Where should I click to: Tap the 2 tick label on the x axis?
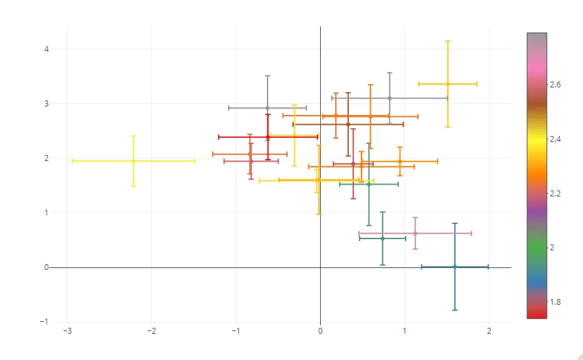(488, 331)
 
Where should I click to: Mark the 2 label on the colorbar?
(553, 248)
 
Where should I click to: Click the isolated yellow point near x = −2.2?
(133, 161)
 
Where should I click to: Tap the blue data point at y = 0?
(455, 267)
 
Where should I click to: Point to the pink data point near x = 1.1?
(415, 233)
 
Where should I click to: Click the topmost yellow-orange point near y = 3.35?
(448, 84)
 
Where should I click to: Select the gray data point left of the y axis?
(268, 108)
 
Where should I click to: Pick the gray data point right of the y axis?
(390, 98)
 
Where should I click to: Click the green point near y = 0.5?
(383, 238)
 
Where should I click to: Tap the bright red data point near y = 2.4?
(268, 137)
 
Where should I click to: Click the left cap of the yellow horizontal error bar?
(72, 161)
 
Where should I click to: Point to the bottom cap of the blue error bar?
(455, 310)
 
